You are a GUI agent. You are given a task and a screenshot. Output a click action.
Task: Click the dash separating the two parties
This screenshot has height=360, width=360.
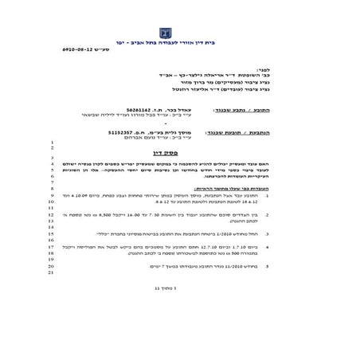188,122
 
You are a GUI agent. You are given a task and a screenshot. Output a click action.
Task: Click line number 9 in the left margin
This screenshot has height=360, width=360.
50,194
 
